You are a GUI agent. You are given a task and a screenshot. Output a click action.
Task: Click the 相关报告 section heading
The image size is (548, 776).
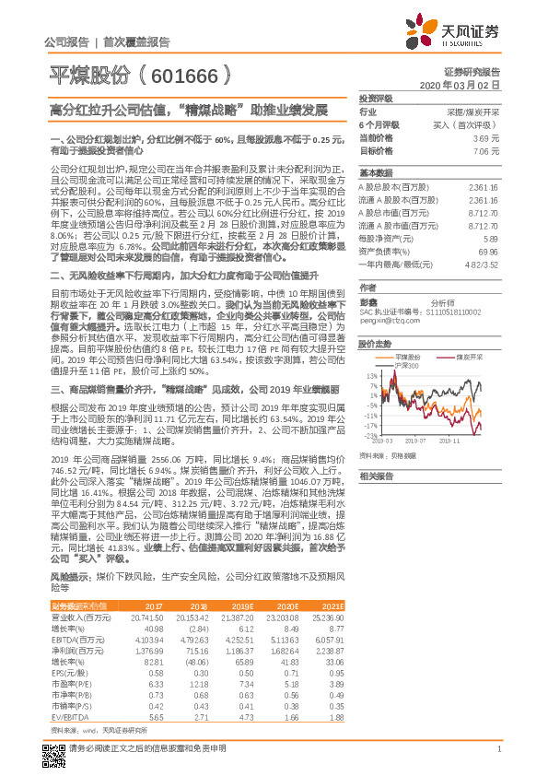click(376, 476)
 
